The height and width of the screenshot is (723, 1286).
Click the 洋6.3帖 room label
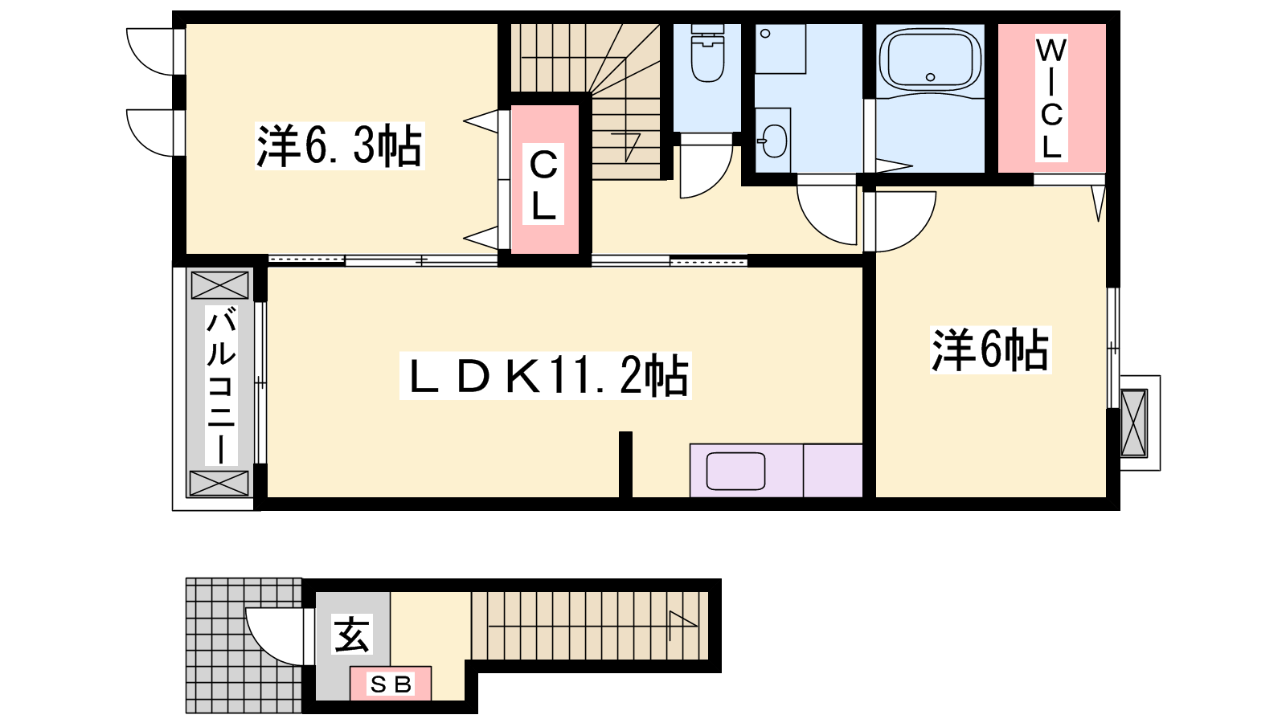tap(339, 145)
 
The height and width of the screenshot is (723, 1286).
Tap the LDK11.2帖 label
tap(546, 376)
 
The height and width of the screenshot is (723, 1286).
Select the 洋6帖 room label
tap(990, 349)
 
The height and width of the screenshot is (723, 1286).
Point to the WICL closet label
tap(1051, 97)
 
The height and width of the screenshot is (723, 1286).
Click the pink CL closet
tap(544, 179)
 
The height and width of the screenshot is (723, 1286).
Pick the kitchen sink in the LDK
tap(735, 471)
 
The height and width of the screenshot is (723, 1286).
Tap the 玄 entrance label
tap(352, 634)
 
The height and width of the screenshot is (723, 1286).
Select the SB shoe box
tap(391, 684)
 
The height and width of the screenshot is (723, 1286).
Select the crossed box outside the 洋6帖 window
tap(1134, 423)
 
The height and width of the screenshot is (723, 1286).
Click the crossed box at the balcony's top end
tap(219, 285)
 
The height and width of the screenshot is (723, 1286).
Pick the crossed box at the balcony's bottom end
tap(219, 483)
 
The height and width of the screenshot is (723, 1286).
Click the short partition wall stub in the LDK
tap(625, 465)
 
